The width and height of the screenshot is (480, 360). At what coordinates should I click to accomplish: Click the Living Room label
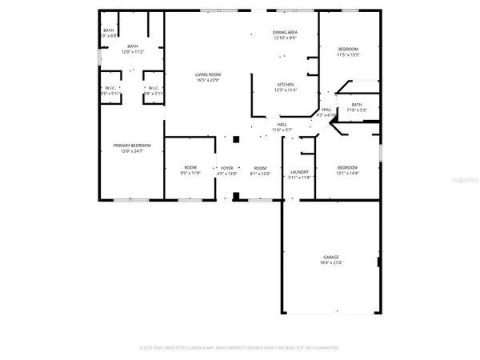pyautogui.click(x=208, y=75)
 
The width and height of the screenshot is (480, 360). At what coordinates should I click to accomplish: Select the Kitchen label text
pyautogui.click(x=286, y=84)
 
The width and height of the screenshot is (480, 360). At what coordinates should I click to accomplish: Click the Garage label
pyautogui.click(x=331, y=258)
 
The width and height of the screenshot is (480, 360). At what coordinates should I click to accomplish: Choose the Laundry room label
pyautogui.click(x=300, y=171)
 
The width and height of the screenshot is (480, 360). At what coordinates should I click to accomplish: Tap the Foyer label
pyautogui.click(x=228, y=168)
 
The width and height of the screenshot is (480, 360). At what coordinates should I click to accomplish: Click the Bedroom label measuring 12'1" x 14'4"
pyautogui.click(x=348, y=168)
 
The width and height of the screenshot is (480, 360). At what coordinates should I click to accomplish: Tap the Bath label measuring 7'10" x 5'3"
pyautogui.click(x=356, y=104)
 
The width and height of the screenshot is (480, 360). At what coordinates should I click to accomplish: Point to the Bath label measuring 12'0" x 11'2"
pyautogui.click(x=133, y=46)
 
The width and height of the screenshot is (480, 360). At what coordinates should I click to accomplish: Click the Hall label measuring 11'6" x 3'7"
pyautogui.click(x=282, y=124)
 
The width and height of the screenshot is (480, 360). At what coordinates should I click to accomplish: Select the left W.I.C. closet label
pyautogui.click(x=110, y=88)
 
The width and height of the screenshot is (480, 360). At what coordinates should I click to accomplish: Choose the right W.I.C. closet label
pyautogui.click(x=152, y=88)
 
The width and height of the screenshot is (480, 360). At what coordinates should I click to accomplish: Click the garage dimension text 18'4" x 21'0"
pyautogui.click(x=331, y=263)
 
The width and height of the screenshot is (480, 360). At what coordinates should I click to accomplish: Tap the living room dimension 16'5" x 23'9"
pyautogui.click(x=208, y=81)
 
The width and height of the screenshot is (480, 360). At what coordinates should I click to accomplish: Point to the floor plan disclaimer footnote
pyautogui.click(x=240, y=348)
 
